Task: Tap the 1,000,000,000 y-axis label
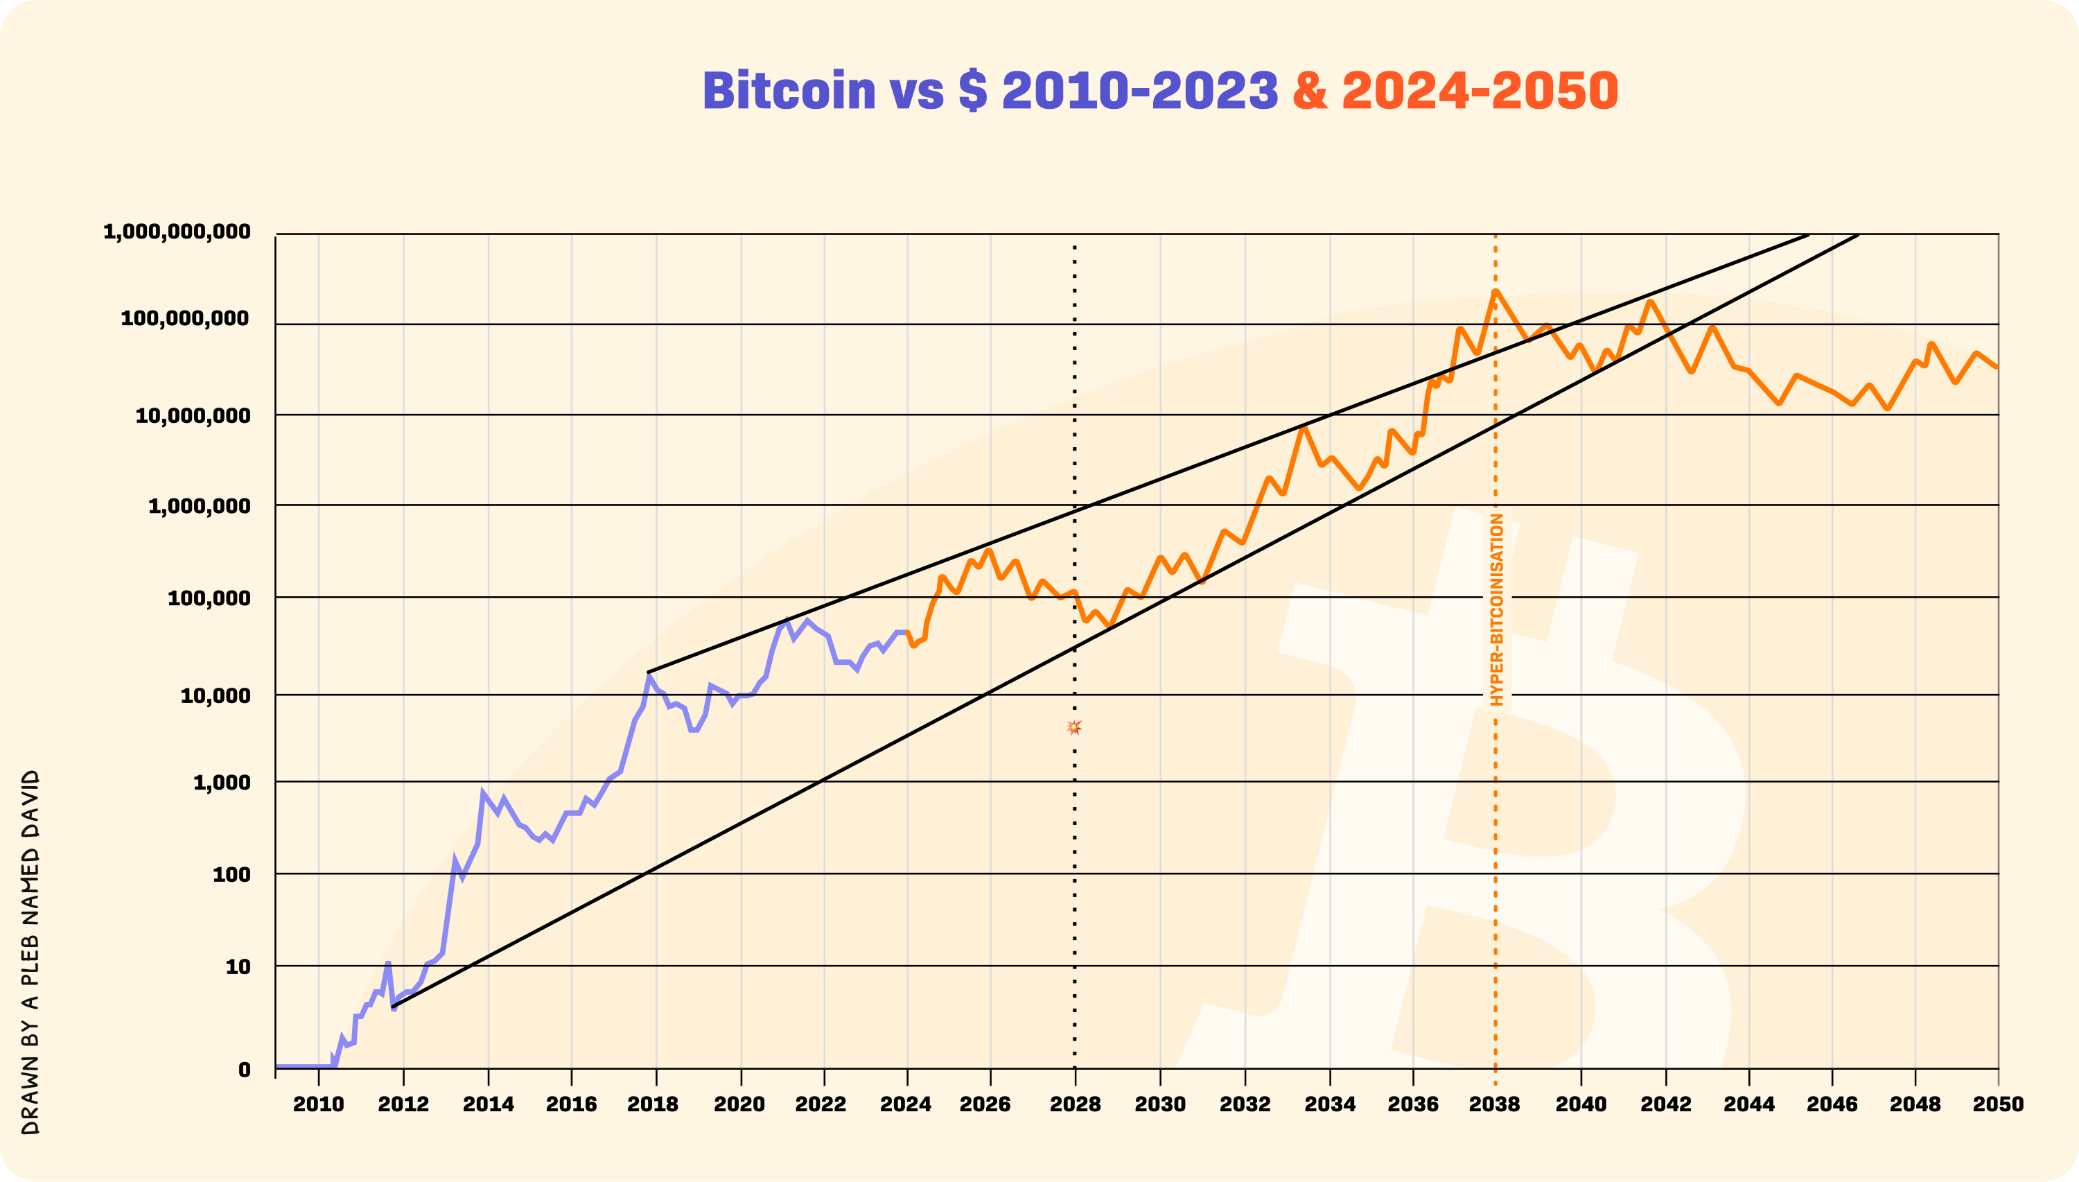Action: coord(177,232)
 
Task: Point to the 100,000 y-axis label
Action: coord(209,599)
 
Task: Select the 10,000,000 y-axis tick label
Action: coord(193,417)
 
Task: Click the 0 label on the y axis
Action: coord(244,1070)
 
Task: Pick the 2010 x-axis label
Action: coord(318,1104)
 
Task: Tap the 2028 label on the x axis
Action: coord(1076,1104)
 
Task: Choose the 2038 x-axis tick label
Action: coord(1495,1104)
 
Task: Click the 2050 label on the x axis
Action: coord(1998,1104)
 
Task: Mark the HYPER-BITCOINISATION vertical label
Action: coord(1497,609)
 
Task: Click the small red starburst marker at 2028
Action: coord(1074,727)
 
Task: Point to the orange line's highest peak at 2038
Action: coord(1495,291)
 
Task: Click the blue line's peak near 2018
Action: coord(649,676)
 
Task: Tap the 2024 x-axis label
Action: coord(906,1104)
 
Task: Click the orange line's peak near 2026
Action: coord(988,551)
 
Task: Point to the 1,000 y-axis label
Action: coord(222,783)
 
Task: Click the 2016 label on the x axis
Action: coord(571,1104)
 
